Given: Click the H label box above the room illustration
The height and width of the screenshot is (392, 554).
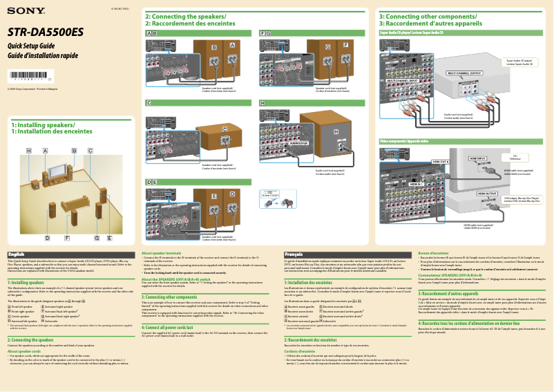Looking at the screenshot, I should coord(29,150).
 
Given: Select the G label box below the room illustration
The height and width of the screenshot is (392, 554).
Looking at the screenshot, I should coord(97,238).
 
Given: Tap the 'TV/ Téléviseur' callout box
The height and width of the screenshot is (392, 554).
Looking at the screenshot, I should coord(516,158).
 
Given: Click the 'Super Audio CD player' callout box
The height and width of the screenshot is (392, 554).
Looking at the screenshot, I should coord(519,62).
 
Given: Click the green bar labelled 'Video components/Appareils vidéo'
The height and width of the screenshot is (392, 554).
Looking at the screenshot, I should coord(404,141).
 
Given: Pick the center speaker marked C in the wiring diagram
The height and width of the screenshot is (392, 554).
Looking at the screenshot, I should coord(225,130).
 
